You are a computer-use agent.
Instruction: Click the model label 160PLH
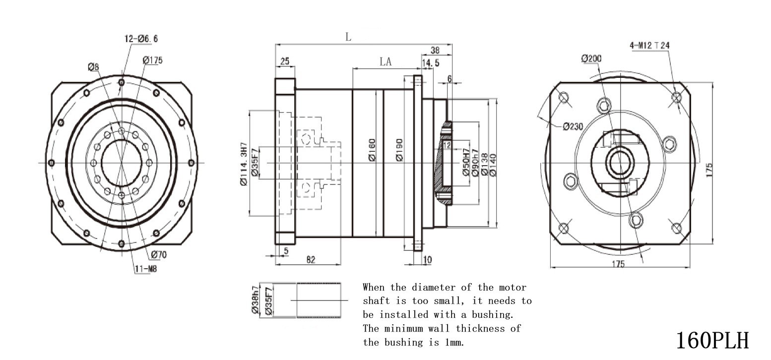click(712, 341)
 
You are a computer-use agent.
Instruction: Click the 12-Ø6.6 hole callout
click(141, 39)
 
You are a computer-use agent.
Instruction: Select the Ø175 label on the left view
click(152, 60)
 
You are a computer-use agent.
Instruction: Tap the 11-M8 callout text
click(146, 269)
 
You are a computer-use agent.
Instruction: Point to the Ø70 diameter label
click(159, 255)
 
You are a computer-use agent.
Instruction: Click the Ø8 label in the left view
click(93, 67)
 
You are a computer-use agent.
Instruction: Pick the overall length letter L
click(348, 37)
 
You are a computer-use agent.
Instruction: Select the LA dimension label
click(385, 61)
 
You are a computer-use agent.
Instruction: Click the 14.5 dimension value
click(431, 63)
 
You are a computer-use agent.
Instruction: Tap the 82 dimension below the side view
click(311, 260)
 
